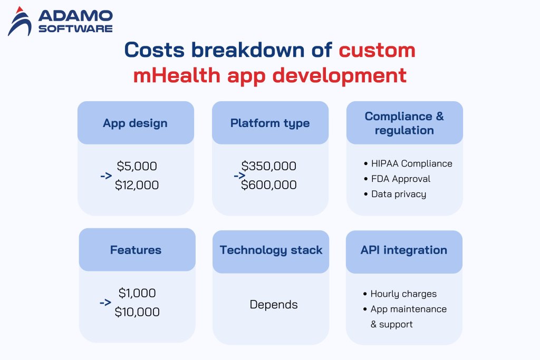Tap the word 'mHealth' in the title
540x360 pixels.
click(x=176, y=75)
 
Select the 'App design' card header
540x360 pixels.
click(x=135, y=123)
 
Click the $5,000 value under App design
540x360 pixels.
click(x=137, y=166)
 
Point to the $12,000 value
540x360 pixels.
click(x=137, y=185)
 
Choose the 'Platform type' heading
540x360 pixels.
click(x=270, y=123)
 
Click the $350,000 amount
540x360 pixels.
click(x=269, y=166)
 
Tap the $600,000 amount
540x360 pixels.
click(x=269, y=185)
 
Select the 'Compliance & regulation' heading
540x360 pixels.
click(x=404, y=123)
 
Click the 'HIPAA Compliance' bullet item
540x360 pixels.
click(x=411, y=163)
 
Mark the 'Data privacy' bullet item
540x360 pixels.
click(x=398, y=194)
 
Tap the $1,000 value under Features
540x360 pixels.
click(x=137, y=293)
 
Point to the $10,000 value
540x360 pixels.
click(x=137, y=312)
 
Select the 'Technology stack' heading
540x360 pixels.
click(x=271, y=250)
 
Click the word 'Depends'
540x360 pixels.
click(x=274, y=305)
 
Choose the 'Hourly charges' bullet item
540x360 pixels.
click(x=403, y=294)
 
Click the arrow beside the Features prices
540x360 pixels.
click(x=105, y=303)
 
